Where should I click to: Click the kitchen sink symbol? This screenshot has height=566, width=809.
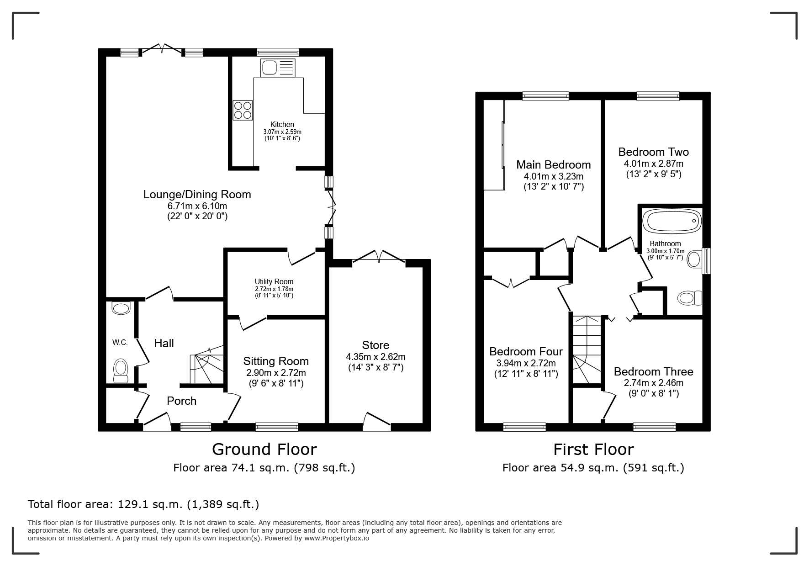pyautogui.click(x=278, y=68)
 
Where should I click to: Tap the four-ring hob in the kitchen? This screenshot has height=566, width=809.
pyautogui.click(x=243, y=110)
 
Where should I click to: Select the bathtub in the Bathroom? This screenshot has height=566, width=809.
pyautogui.click(x=672, y=221)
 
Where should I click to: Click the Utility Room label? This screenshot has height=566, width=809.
pyautogui.click(x=274, y=281)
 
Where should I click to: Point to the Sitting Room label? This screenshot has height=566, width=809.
pyautogui.click(x=276, y=361)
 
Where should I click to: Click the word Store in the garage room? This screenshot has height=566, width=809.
pyautogui.click(x=375, y=345)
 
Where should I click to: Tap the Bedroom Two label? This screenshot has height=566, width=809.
pyautogui.click(x=653, y=152)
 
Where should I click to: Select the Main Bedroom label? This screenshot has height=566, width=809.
pyautogui.click(x=554, y=165)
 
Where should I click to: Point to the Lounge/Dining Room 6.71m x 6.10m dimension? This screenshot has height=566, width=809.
pyautogui.click(x=197, y=206)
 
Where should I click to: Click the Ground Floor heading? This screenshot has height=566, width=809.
pyautogui.click(x=264, y=450)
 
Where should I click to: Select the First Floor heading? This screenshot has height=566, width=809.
pyautogui.click(x=593, y=450)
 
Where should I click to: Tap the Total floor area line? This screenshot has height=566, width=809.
pyautogui.click(x=143, y=504)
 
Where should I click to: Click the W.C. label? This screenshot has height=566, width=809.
pyautogui.click(x=120, y=343)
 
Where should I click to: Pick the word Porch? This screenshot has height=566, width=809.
pyautogui.click(x=181, y=401)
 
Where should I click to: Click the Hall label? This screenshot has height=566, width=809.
pyautogui.click(x=164, y=344)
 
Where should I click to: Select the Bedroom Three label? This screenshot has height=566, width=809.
pyautogui.click(x=653, y=372)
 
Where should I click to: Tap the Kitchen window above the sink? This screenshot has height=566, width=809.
pyautogui.click(x=278, y=52)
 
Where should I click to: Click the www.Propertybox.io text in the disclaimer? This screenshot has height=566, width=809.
pyautogui.click(x=337, y=538)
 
